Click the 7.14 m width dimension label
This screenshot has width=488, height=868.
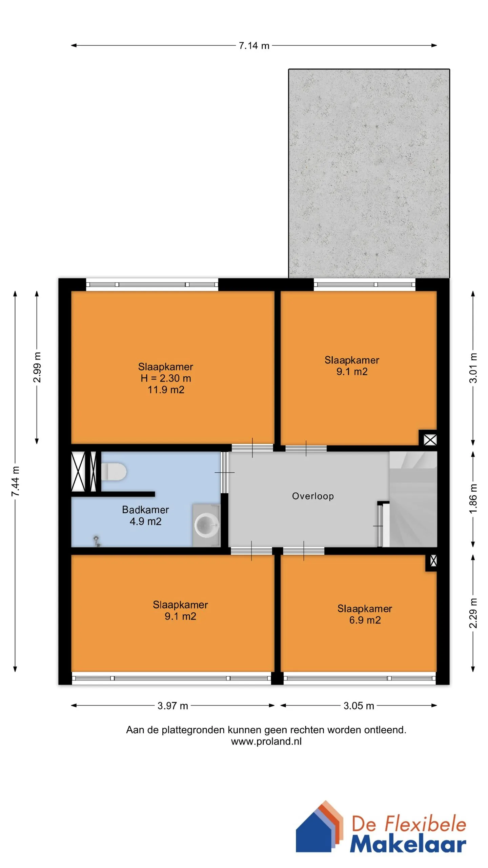point(254,45)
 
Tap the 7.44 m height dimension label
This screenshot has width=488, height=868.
point(16,481)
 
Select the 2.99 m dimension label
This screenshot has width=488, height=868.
point(37,367)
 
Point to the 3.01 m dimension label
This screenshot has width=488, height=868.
point(473,368)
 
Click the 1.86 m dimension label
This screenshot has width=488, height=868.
point(473,499)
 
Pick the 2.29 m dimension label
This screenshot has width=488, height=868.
point(473,613)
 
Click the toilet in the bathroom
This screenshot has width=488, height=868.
point(114,472)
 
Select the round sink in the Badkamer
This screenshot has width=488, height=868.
point(207,525)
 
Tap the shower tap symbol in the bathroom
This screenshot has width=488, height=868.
point(97,541)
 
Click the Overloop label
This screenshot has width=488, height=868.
point(313,496)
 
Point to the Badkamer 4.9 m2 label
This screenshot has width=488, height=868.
point(145,515)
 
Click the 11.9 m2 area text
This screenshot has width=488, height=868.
point(166,390)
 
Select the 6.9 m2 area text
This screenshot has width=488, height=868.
point(365,620)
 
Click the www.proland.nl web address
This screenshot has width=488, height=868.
point(266,741)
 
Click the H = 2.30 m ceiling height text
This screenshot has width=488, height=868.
point(166,378)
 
